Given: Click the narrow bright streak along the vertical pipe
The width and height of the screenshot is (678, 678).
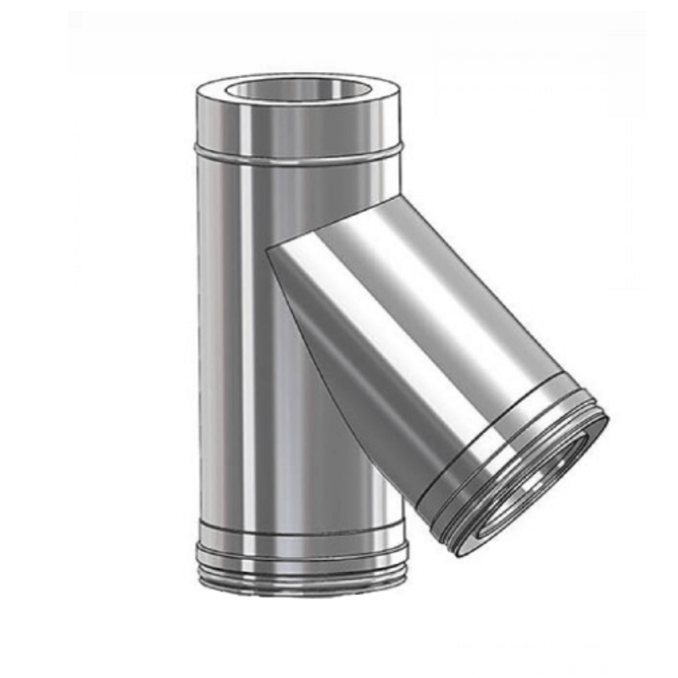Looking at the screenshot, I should click(247, 339).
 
